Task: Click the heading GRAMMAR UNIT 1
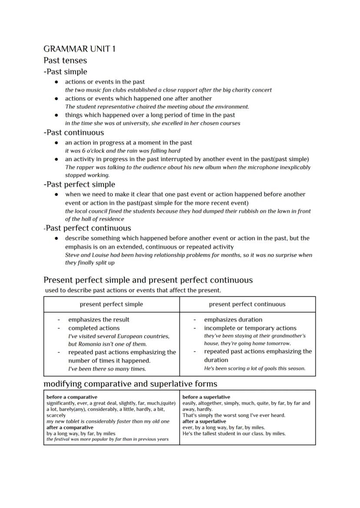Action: click(80, 49)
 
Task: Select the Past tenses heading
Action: click(65, 60)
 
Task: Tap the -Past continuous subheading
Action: click(74, 133)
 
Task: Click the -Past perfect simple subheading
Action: click(79, 184)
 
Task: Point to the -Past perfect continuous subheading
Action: click(88, 228)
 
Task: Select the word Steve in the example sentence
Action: click(72, 255)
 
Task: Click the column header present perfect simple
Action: click(111, 304)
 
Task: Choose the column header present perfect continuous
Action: click(247, 304)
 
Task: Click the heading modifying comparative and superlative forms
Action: click(130, 384)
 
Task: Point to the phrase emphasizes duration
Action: click(233, 320)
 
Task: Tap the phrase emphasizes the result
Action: click(99, 320)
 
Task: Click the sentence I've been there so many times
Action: click(107, 369)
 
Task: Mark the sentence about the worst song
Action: click(234, 415)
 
